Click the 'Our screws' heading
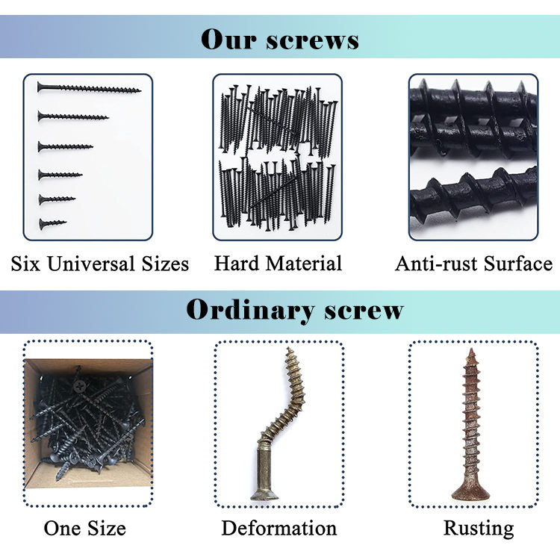279,40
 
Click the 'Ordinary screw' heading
294,309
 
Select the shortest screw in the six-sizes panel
52,223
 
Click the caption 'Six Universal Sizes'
99,264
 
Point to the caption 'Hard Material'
278,264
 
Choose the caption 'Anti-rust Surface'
473,264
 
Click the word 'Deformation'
279,529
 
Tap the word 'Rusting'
479,529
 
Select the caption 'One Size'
84,529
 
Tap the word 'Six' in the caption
25,264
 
